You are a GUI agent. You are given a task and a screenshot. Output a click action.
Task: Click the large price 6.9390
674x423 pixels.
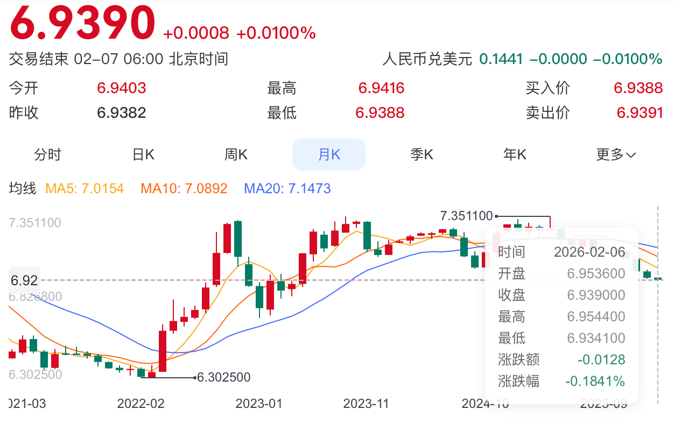[x=82, y=23]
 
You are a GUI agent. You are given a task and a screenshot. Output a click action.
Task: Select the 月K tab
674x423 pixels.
[x=329, y=154]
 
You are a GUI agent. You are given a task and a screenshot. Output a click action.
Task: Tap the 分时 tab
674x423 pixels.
[x=48, y=154]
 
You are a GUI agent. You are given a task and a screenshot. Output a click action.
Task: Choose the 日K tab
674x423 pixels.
[x=143, y=154]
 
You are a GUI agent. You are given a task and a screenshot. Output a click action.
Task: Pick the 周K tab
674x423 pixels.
[x=236, y=154]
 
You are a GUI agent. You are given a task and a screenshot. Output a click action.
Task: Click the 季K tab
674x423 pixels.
[x=422, y=154]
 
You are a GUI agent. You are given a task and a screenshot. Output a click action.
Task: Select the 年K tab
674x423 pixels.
[x=515, y=154]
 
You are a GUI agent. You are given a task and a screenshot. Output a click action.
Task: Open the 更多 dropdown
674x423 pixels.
[x=616, y=154]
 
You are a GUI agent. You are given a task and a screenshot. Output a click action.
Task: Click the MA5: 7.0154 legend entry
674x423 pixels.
[x=85, y=188]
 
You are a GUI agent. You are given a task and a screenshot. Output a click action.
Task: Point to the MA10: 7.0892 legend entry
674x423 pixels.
[x=184, y=188]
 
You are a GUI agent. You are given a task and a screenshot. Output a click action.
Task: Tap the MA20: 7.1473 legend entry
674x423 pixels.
[x=287, y=188]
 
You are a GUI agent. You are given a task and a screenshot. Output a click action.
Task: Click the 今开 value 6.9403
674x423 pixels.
[x=122, y=88]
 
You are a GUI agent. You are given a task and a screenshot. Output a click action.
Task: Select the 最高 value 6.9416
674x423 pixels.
[x=381, y=88]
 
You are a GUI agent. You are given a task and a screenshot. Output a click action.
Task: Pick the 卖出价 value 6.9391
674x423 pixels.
[x=640, y=113]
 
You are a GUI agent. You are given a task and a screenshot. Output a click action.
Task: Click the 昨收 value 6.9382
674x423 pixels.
[x=122, y=113]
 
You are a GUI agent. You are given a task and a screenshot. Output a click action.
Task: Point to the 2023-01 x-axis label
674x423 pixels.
[x=258, y=404]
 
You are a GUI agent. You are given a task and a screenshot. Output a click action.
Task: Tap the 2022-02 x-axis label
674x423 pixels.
[x=141, y=404]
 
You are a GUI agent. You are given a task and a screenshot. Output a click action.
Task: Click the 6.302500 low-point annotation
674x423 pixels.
[x=223, y=377]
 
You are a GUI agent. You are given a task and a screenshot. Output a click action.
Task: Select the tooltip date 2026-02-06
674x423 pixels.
[x=589, y=252]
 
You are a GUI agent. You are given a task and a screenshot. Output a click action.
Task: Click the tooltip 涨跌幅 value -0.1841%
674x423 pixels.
[x=595, y=382]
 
